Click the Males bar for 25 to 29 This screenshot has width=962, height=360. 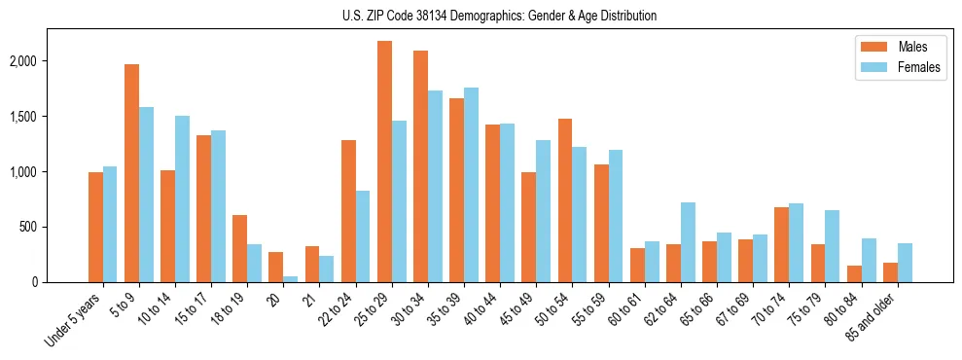coord(384,162)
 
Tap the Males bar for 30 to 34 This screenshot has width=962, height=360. coord(420,166)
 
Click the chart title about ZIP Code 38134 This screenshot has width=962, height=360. coord(500,16)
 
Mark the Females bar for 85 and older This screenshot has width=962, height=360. coord(905,263)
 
